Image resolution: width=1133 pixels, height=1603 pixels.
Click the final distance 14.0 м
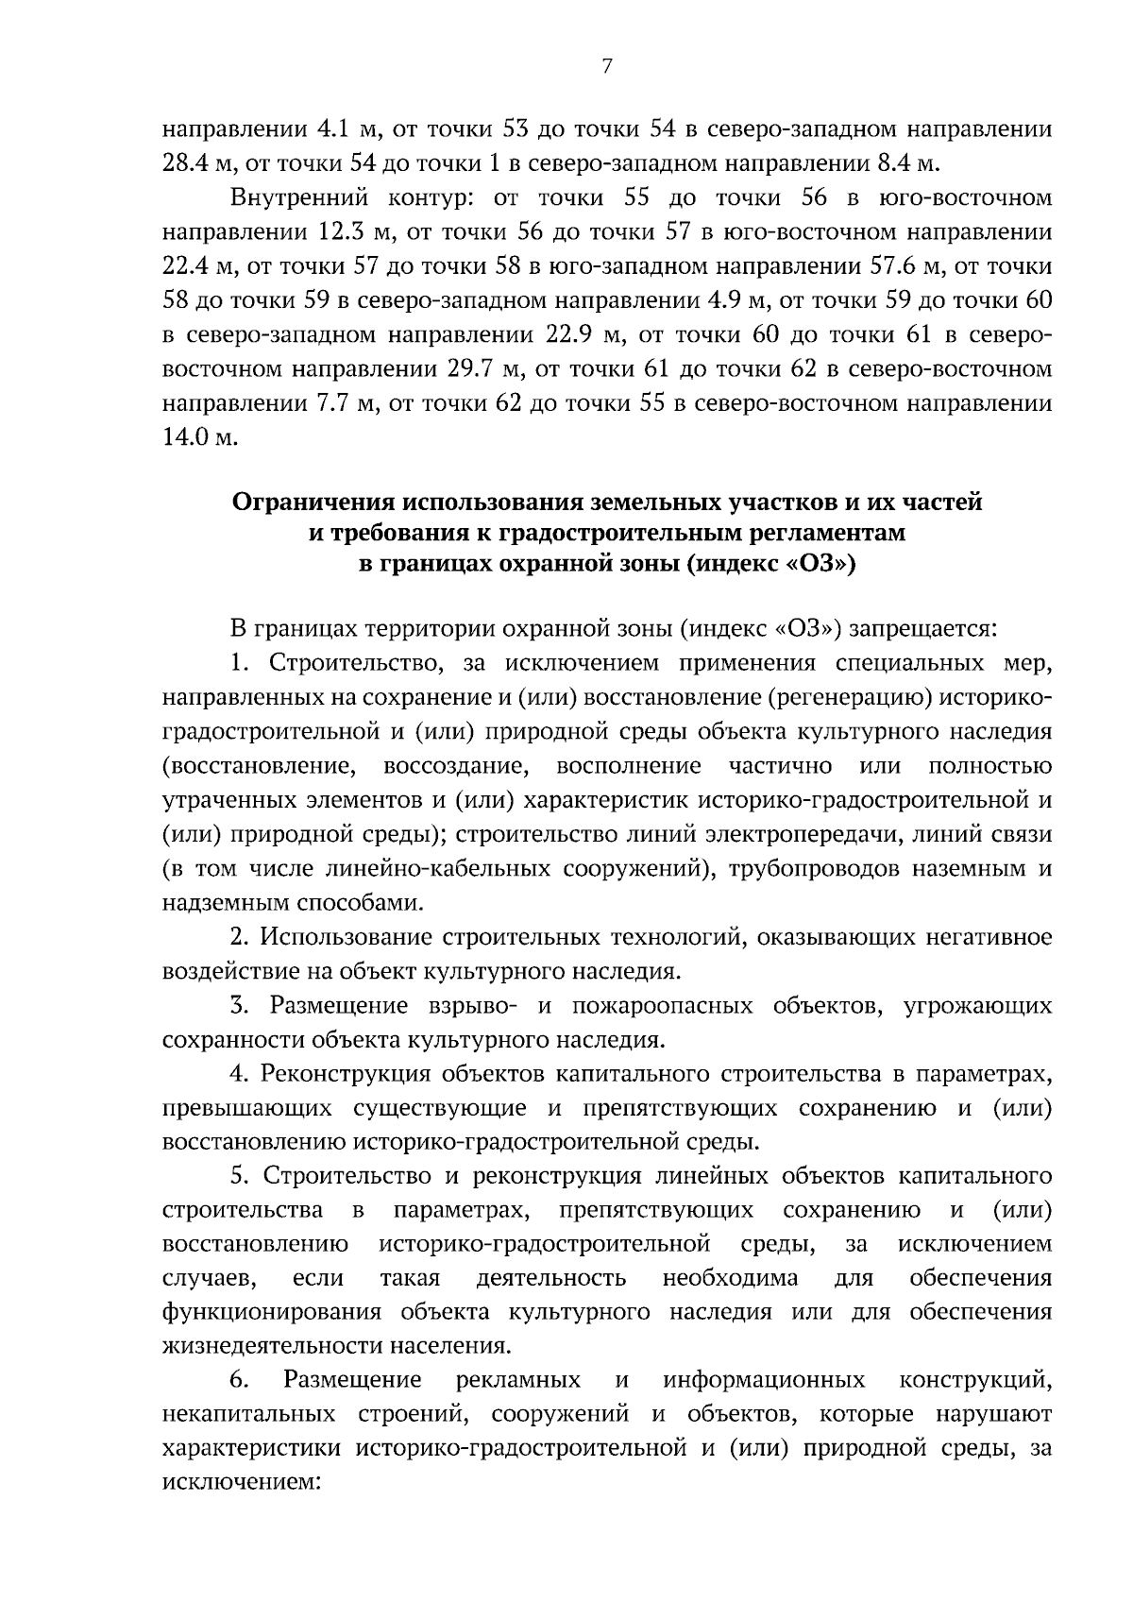(195, 437)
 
